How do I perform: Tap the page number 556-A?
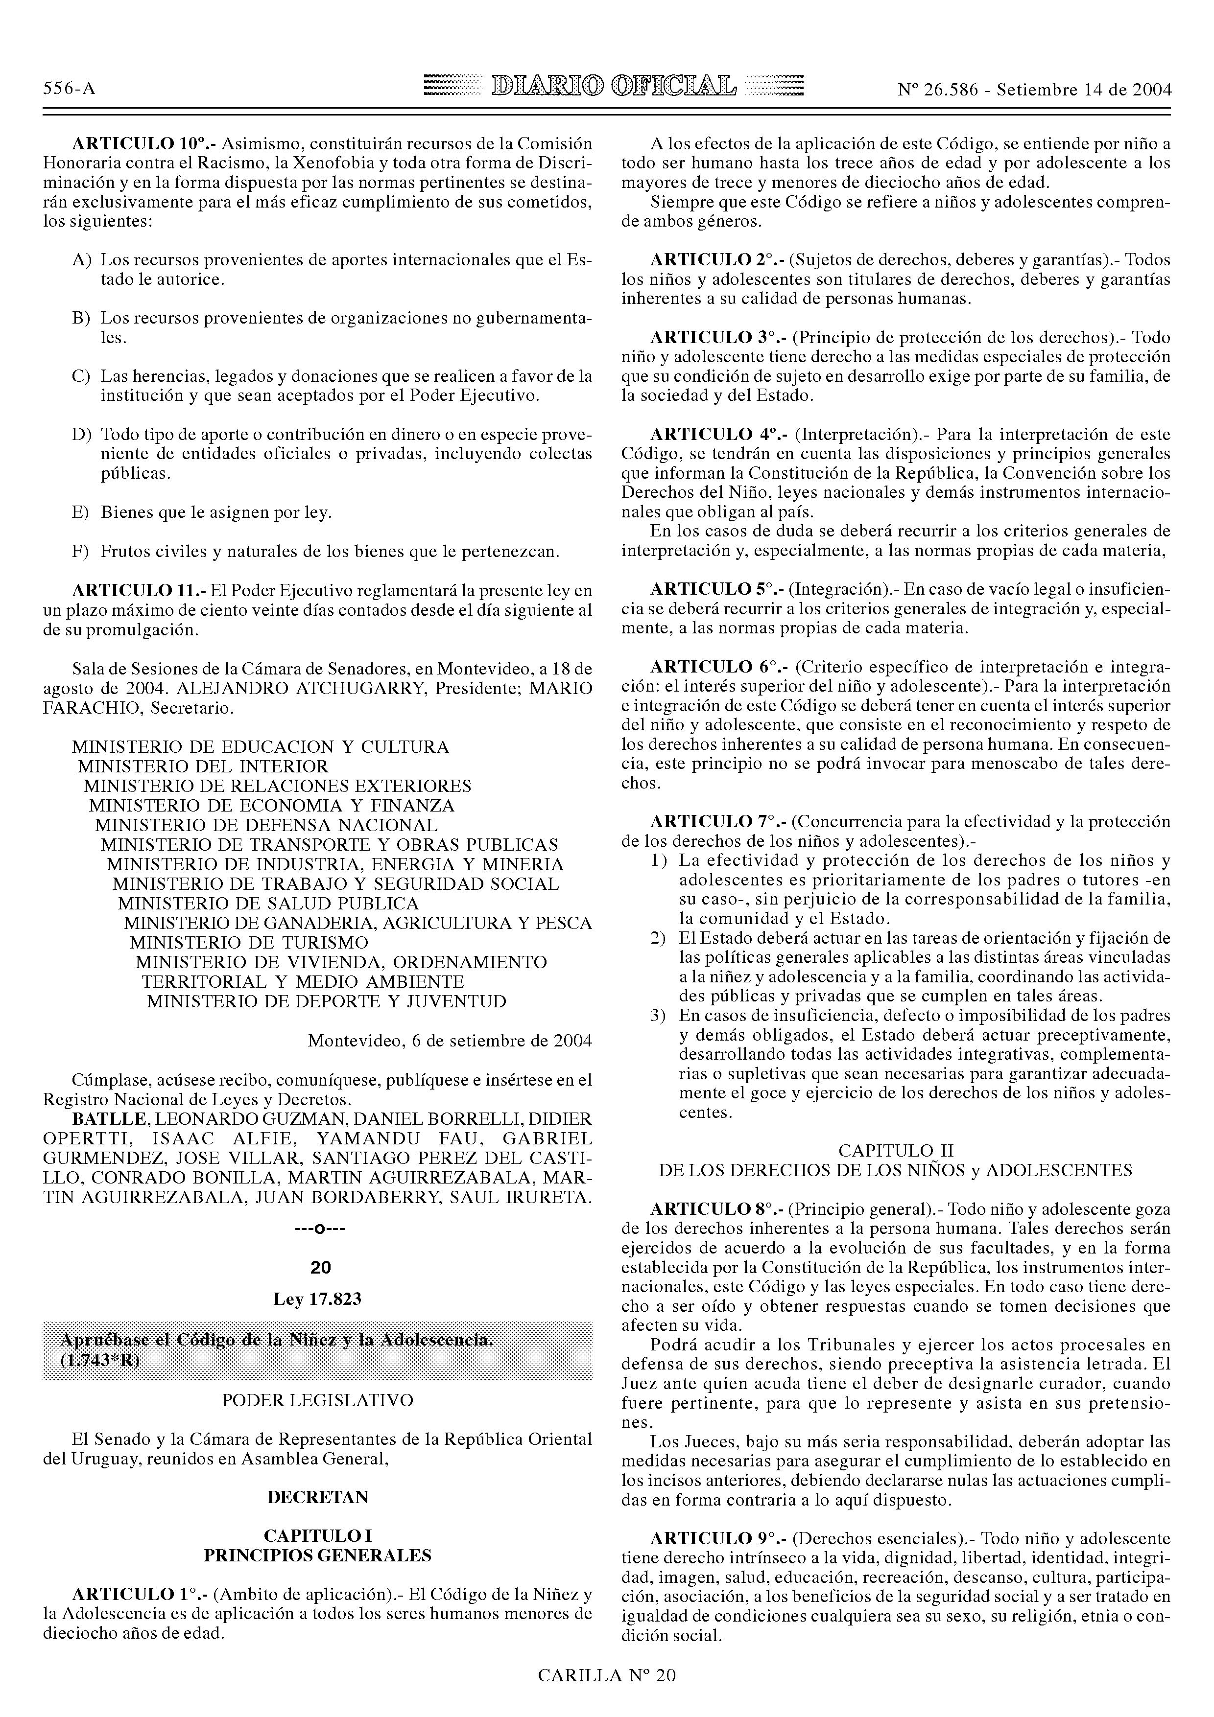click(70, 89)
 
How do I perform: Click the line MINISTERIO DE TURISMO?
click(249, 942)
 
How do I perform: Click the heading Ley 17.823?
click(317, 1299)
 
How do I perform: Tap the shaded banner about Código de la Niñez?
click(317, 1350)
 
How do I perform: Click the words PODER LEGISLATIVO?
click(317, 1400)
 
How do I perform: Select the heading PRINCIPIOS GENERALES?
click(317, 1555)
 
